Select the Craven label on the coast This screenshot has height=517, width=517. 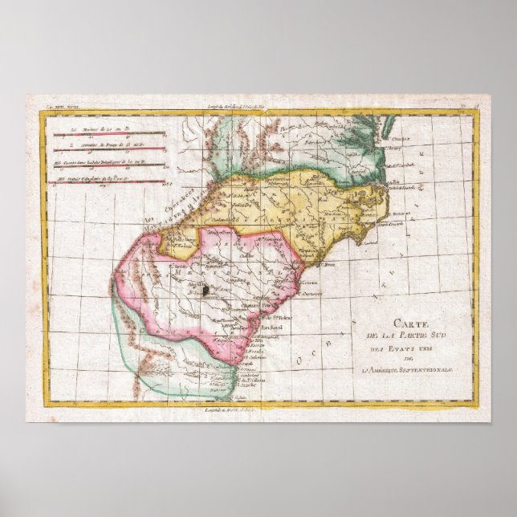[x=308, y=282]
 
